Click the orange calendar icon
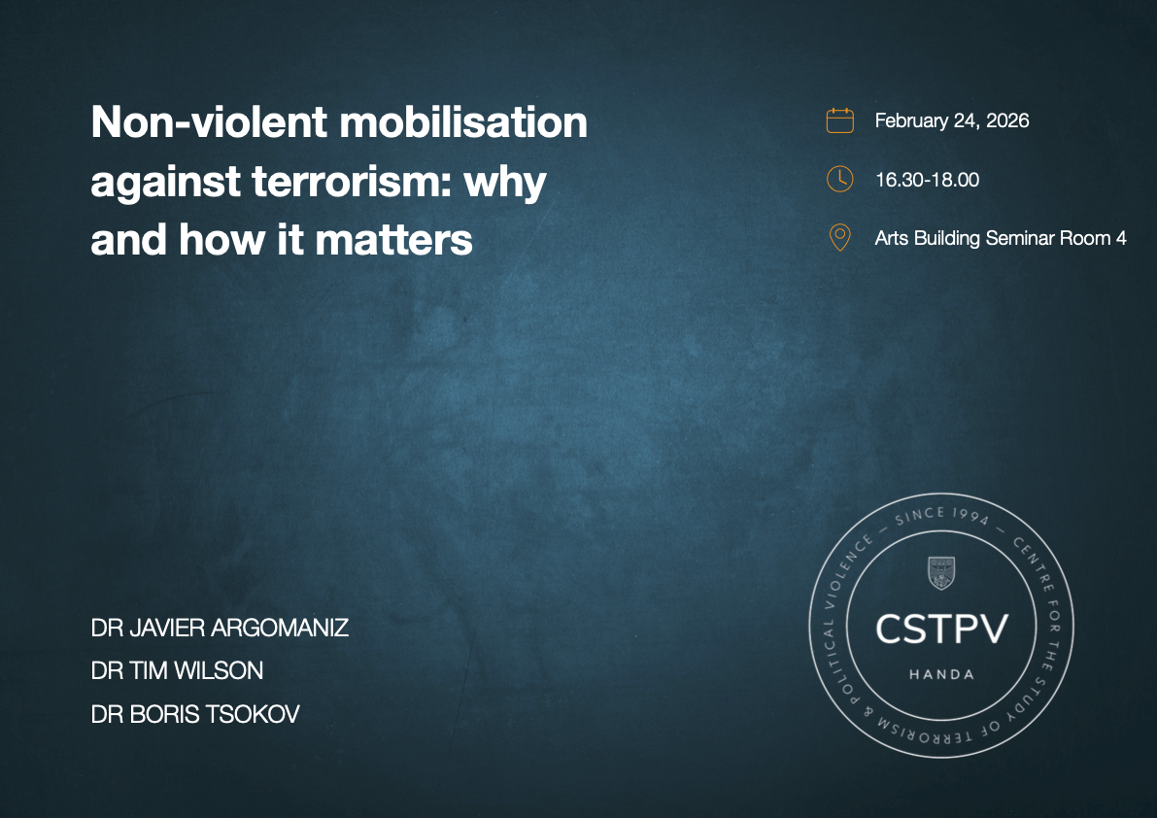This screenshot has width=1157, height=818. pos(839,120)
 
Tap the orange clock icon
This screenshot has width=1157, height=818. pos(839,179)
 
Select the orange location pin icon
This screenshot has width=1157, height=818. pos(839,238)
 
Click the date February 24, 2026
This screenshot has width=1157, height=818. pos(951,120)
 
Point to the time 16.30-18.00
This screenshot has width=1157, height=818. pos(926,180)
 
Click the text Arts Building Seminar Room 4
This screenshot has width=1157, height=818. pos(1000,238)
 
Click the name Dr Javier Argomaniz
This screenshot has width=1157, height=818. pos(220,628)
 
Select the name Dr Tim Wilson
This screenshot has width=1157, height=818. pos(177,670)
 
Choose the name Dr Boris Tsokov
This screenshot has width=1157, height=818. pos(195,714)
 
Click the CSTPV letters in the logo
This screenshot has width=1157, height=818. pos(941,630)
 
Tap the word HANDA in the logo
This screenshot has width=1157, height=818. pos(941,674)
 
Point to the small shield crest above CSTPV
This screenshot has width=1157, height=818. pos(941,573)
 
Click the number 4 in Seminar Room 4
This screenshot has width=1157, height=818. pos(1120,238)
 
